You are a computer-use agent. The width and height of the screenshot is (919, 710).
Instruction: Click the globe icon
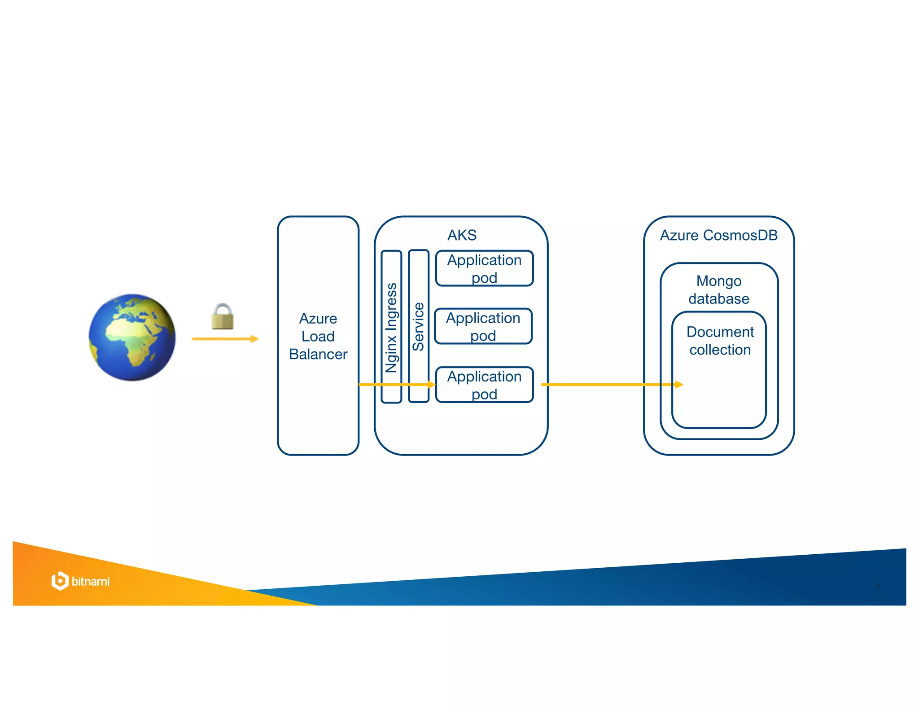[x=132, y=337]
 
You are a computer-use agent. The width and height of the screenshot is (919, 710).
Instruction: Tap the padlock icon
[x=223, y=316]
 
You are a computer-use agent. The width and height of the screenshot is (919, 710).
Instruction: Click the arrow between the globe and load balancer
[x=225, y=339]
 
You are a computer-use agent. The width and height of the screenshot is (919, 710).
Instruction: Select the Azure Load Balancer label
[x=318, y=336]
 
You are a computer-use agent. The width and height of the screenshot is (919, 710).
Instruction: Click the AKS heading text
[x=462, y=235]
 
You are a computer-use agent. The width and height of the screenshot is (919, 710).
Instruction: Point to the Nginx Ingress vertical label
[x=391, y=328]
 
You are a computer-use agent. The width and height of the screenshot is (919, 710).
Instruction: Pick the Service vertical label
[x=418, y=326]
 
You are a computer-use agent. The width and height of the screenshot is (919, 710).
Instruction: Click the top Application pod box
[x=484, y=268]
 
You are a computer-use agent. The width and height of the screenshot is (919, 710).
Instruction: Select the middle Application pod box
[x=483, y=326]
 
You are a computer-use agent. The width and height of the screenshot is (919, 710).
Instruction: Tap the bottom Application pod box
[x=484, y=385]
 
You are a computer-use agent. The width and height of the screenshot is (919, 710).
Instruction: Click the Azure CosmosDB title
[x=718, y=235]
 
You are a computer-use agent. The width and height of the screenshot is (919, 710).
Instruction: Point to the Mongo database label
[x=719, y=289]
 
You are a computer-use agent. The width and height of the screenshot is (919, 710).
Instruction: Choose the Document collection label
[x=720, y=341]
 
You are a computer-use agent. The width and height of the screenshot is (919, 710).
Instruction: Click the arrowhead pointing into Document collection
[x=679, y=385]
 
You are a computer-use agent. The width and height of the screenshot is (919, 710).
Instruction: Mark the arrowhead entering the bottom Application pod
[x=431, y=385]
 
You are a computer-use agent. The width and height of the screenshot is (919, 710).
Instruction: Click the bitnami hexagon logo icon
[x=60, y=581]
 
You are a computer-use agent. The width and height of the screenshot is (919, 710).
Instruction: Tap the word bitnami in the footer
[x=91, y=582]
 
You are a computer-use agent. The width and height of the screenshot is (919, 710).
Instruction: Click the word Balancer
[x=318, y=354]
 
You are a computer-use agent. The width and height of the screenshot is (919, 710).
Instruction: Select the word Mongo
[x=719, y=281]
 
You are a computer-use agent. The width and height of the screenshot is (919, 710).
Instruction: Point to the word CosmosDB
[x=740, y=235]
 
